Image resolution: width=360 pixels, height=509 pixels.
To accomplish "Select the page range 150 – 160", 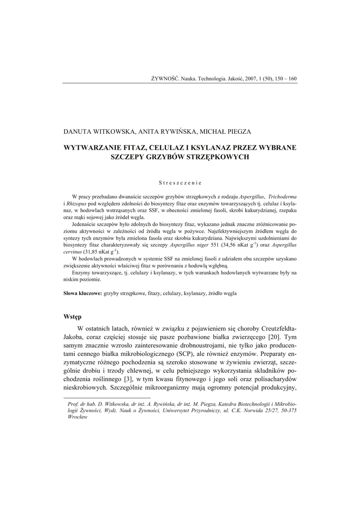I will pyautogui.click(x=285, y=79).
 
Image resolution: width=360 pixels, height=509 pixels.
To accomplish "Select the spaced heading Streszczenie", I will pyautogui.click(x=180, y=182).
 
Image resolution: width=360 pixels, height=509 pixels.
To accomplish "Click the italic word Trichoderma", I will pyautogui.click(x=281, y=197).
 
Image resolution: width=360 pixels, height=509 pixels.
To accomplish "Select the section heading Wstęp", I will pyautogui.click(x=73, y=316).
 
